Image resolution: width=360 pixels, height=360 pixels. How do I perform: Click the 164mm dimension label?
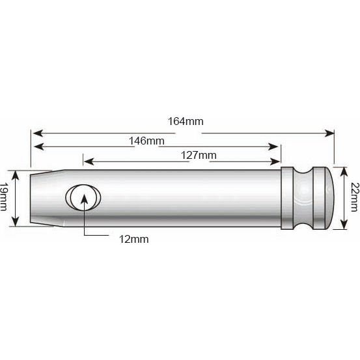pos(184,122)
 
